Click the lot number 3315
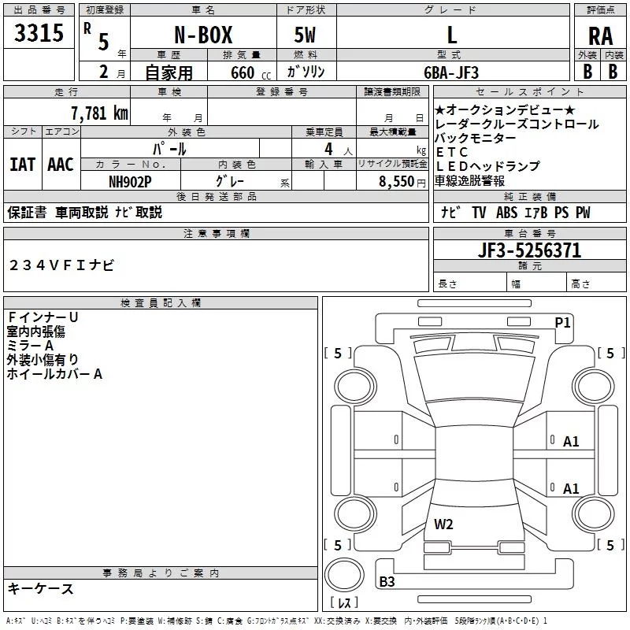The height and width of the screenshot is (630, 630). click(x=39, y=35)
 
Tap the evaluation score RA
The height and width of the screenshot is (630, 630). click(x=600, y=36)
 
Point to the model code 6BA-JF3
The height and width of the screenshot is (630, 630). click(x=451, y=72)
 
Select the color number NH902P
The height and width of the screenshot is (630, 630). click(x=130, y=181)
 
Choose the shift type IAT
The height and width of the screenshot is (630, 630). click(x=22, y=164)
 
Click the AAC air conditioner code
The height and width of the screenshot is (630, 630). click(x=61, y=164)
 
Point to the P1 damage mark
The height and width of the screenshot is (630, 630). click(x=562, y=322)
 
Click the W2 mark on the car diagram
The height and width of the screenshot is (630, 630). click(x=443, y=524)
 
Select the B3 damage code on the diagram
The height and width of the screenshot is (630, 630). click(x=387, y=582)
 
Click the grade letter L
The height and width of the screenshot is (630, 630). click(x=451, y=35)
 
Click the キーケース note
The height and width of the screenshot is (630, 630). click(x=41, y=589)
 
